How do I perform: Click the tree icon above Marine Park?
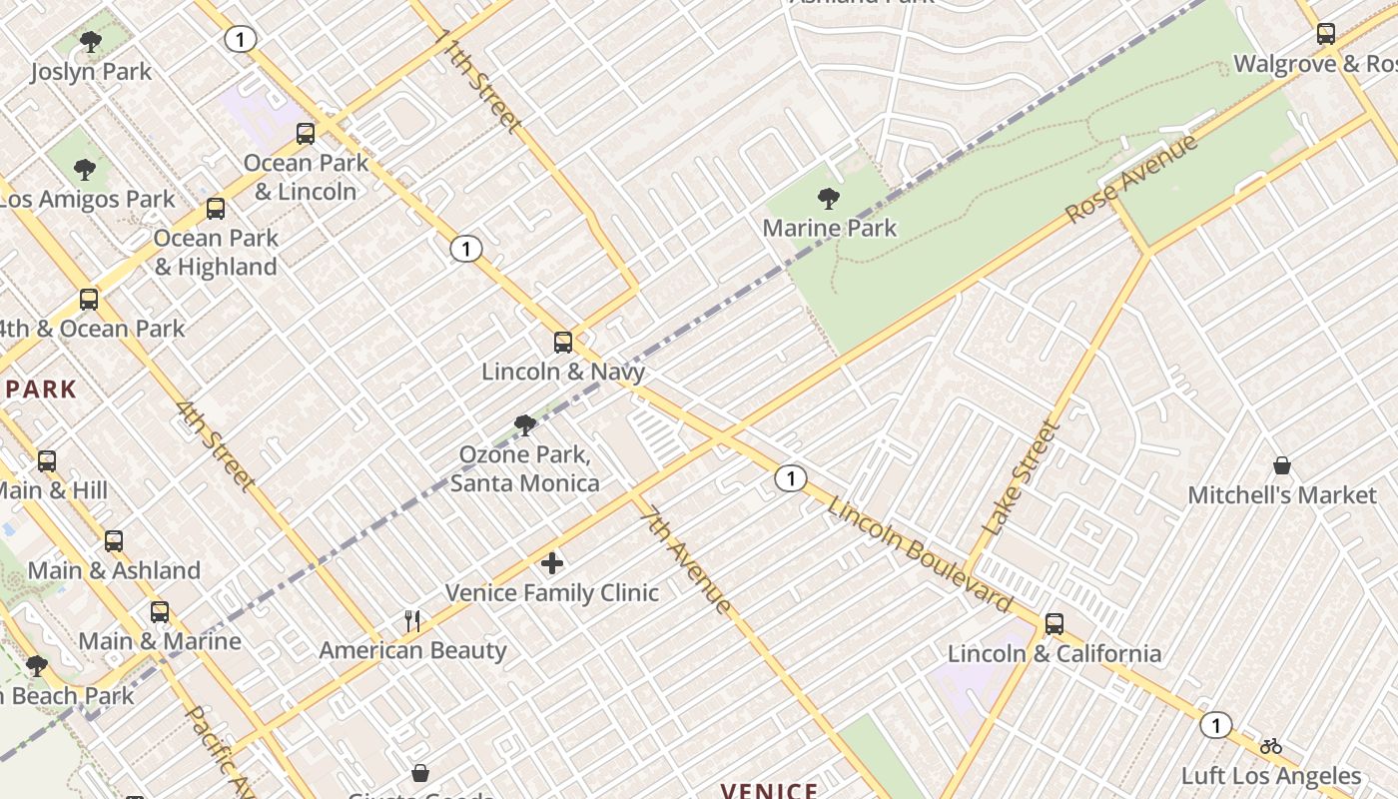tap(828, 198)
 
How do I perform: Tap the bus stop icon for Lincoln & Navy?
tap(563, 343)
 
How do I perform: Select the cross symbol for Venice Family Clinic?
tap(551, 563)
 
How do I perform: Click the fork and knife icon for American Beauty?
tap(412, 621)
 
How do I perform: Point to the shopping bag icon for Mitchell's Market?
tap(1282, 466)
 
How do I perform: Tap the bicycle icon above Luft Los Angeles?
tap(1270, 746)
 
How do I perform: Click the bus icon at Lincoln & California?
tap(1053, 624)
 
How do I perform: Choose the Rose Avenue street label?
tap(1130, 180)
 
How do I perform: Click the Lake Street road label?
tap(1020, 478)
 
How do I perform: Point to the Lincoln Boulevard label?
tap(920, 554)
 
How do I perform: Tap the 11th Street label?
tap(478, 81)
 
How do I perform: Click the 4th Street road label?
tap(215, 446)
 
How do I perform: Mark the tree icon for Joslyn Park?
tap(91, 42)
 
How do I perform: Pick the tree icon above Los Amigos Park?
tap(85, 170)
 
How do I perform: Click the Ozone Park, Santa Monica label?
tap(524, 469)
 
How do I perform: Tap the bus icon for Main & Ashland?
tap(114, 541)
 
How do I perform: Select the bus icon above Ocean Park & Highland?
tap(215, 209)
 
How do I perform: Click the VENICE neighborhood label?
tap(769, 791)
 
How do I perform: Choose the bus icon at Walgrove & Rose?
tap(1325, 34)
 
